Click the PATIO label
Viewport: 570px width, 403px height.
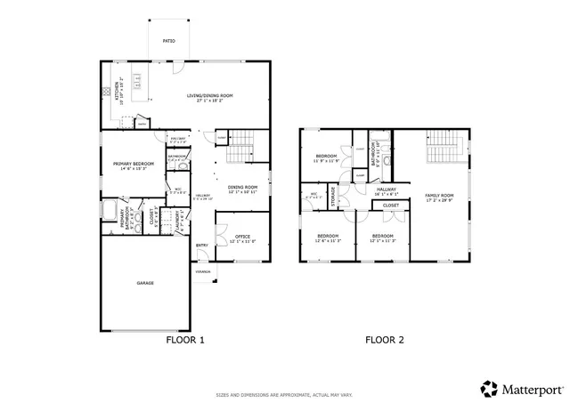(x=168, y=41)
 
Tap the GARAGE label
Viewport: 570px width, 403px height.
(x=145, y=283)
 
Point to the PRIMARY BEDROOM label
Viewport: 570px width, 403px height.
(x=133, y=165)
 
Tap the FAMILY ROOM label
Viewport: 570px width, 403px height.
(x=439, y=197)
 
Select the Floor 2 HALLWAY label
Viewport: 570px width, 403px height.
(x=386, y=189)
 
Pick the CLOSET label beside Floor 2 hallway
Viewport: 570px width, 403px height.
(x=391, y=206)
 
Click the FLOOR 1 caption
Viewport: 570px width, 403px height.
(x=185, y=340)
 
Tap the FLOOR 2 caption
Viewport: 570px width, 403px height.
(x=385, y=340)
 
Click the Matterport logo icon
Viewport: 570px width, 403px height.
(x=489, y=389)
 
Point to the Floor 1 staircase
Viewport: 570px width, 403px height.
(x=240, y=152)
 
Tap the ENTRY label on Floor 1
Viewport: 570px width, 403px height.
(x=202, y=246)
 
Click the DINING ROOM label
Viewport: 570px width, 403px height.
(x=242, y=188)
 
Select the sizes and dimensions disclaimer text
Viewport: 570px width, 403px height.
(x=284, y=395)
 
